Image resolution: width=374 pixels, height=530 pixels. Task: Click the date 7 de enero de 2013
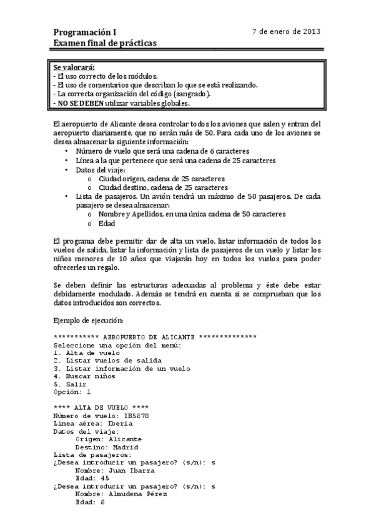click(286, 31)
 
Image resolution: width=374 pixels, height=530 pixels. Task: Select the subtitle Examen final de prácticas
click(105, 42)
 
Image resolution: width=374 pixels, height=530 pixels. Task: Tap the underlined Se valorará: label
click(78, 67)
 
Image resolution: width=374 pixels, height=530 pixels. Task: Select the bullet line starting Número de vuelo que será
click(162, 151)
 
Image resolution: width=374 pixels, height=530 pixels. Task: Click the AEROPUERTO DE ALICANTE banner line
click(155, 337)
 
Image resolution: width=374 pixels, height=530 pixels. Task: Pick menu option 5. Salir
click(71, 384)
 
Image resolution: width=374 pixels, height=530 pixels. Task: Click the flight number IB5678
click(135, 416)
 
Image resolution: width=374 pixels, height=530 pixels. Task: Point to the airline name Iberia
click(121, 424)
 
